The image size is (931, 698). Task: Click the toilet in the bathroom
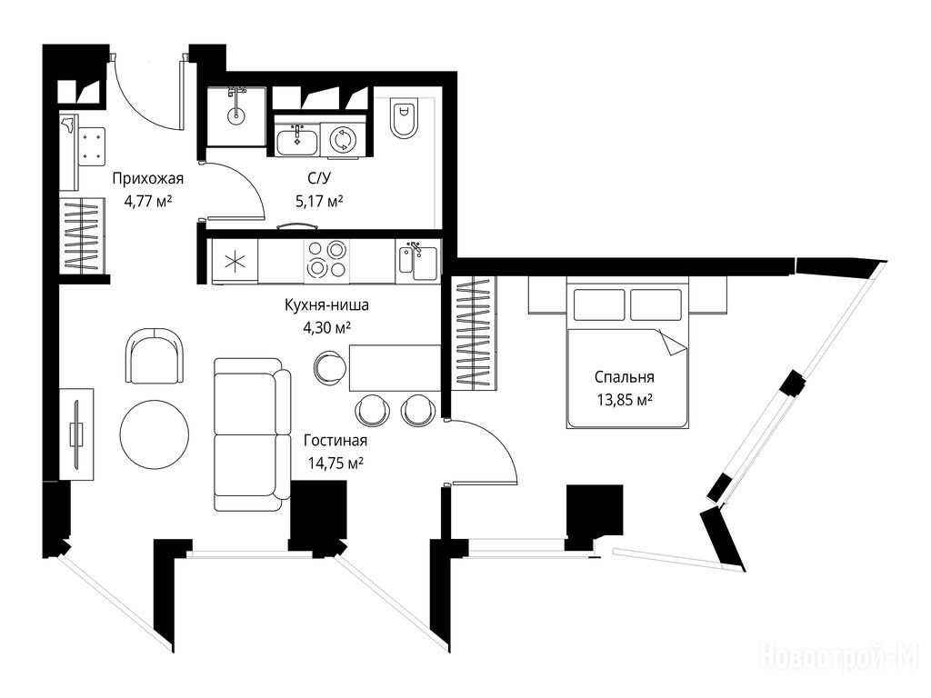[x=405, y=117]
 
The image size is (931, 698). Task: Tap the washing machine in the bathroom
[x=340, y=140]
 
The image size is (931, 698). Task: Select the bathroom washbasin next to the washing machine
[x=297, y=140]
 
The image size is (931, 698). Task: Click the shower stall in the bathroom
[x=236, y=115]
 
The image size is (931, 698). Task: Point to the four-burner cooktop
[x=326, y=259]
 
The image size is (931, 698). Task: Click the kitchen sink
[x=418, y=261]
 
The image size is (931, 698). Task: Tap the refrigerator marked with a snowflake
[x=235, y=261]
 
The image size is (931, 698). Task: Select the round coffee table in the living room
[x=155, y=434]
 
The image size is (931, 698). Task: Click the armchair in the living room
[x=155, y=356]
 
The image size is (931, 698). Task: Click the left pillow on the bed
[x=598, y=304]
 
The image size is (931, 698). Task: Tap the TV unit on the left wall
[x=76, y=434]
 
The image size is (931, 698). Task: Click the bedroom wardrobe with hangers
[x=475, y=334]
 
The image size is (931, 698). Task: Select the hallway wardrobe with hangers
[x=83, y=235]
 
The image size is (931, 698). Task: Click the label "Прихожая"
[x=148, y=179]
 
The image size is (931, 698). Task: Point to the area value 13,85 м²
[x=625, y=400]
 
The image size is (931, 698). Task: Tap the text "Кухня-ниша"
[x=326, y=305]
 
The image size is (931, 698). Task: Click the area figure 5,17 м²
[x=319, y=201]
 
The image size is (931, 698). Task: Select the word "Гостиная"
[x=335, y=441]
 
